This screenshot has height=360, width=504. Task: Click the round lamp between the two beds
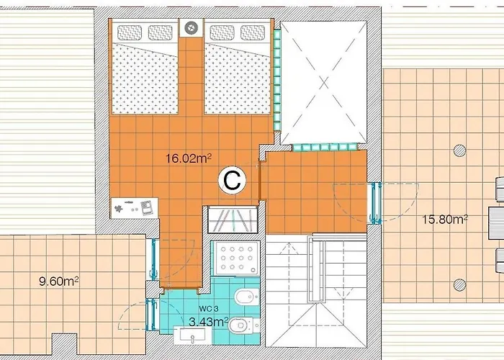coord(191,28)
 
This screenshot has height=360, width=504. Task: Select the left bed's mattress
coord(144,76)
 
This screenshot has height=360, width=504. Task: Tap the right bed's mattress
coord(238,76)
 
